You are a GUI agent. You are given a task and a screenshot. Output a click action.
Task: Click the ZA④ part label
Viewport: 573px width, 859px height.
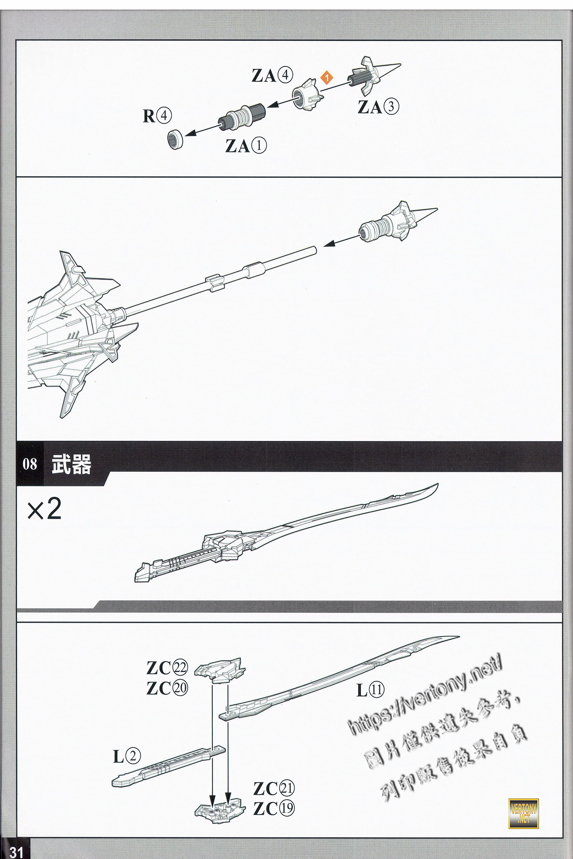(x=272, y=75)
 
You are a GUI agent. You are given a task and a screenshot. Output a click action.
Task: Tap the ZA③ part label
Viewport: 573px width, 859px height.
(x=378, y=107)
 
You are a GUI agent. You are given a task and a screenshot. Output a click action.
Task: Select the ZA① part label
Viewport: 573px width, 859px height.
(x=246, y=146)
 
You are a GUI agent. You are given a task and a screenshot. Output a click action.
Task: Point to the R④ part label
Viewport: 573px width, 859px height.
(x=157, y=116)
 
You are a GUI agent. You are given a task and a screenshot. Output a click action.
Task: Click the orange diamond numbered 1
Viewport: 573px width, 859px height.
(x=327, y=77)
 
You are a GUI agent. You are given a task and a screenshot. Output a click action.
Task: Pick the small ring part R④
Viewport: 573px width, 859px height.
(x=175, y=139)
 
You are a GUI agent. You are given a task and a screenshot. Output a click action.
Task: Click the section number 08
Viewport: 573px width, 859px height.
(x=30, y=464)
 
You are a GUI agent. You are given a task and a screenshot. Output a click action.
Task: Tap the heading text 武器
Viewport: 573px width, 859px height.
(x=71, y=464)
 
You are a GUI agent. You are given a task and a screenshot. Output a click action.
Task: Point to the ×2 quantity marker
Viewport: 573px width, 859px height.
(x=44, y=509)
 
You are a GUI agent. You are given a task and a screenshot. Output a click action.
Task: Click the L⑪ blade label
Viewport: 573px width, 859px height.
(x=370, y=690)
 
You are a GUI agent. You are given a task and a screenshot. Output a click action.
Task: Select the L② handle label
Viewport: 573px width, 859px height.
(x=126, y=756)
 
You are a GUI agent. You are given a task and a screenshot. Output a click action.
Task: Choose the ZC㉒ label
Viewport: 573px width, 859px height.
(x=167, y=668)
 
